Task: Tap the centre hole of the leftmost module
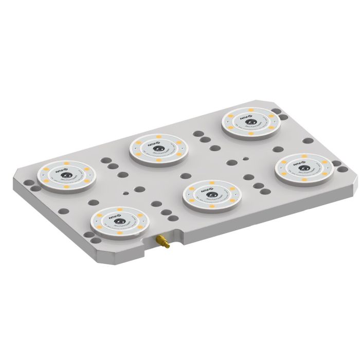click(66, 176)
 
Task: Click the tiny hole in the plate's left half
click(126, 193)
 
